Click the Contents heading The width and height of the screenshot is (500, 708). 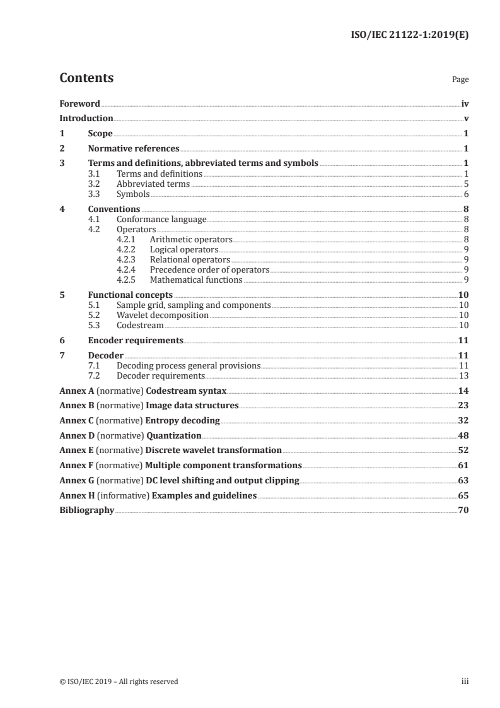[x=86, y=79]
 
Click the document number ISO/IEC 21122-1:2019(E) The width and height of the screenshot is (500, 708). [x=409, y=36]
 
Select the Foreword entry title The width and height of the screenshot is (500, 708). [x=79, y=103]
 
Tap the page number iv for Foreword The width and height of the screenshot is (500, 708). [x=465, y=103]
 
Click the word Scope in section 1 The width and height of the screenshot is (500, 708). [x=100, y=134]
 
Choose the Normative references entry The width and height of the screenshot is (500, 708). [x=134, y=149]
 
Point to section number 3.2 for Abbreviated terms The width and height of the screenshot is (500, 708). [x=94, y=184]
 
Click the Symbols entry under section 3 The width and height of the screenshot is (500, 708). [x=133, y=194]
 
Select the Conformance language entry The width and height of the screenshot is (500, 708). [x=161, y=219]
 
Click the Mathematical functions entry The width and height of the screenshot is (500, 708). [x=195, y=280]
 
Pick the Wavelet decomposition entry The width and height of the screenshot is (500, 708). [x=163, y=315]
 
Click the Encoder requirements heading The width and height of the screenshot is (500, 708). [x=136, y=340]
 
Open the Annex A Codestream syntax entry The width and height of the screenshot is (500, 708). [x=142, y=391]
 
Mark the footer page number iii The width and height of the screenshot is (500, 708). [x=465, y=681]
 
